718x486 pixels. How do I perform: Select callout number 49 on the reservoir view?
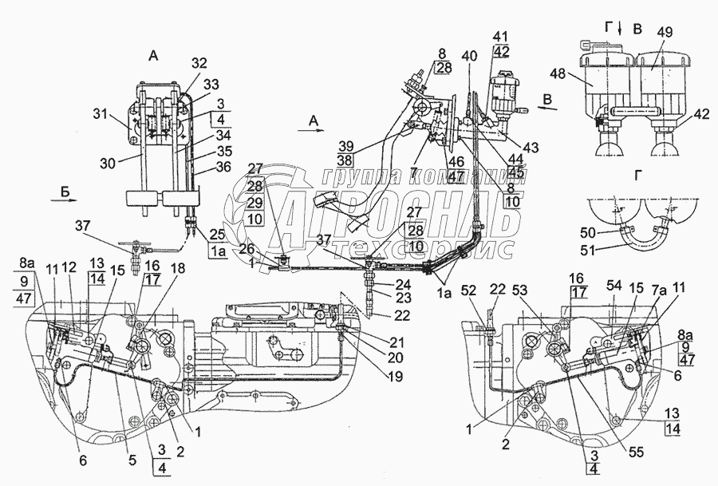[663, 32]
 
